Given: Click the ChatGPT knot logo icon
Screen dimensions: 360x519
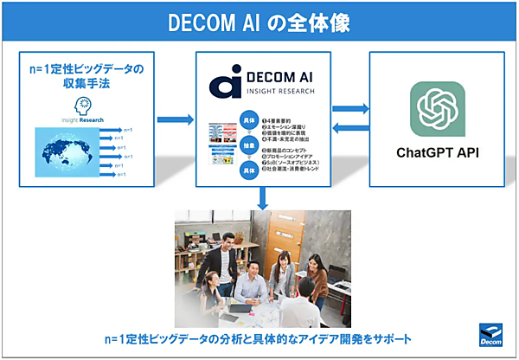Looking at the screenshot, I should [443, 109].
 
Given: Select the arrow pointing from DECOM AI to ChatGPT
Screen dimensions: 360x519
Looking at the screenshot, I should [350, 108].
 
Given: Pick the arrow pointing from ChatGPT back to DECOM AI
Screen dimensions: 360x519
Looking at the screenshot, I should [350, 128].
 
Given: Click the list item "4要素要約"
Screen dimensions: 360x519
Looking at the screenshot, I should [285, 117].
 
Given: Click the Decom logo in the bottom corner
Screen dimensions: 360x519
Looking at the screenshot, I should [490, 334].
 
